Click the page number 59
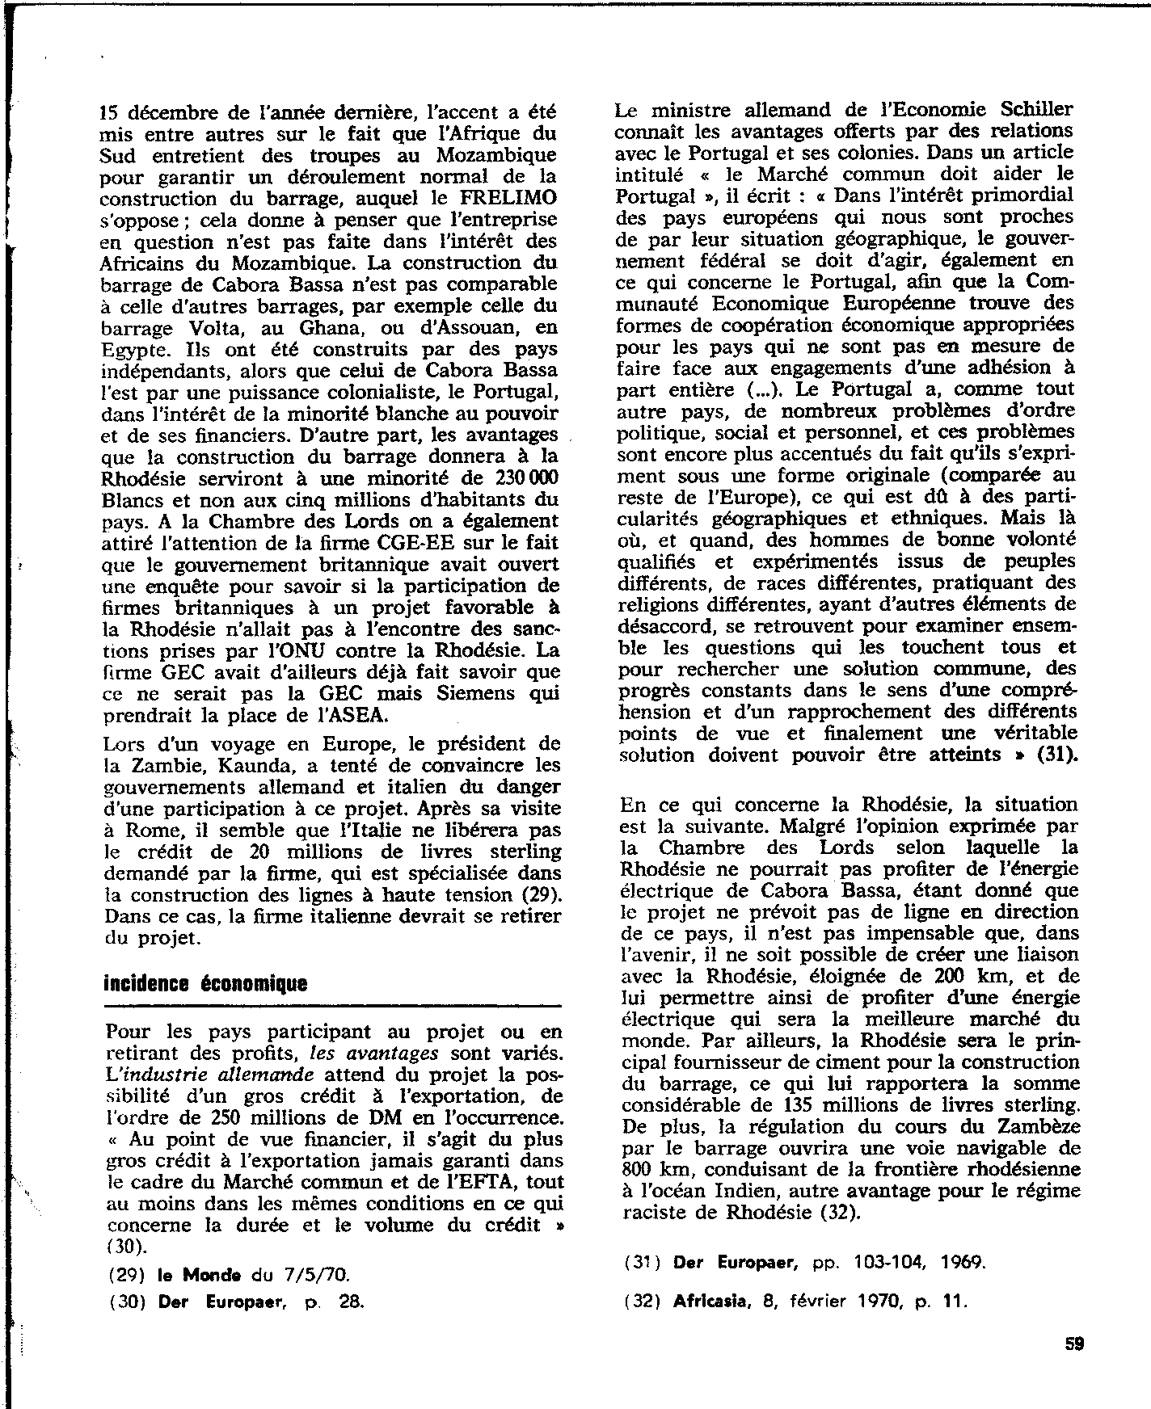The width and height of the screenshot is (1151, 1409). click(1073, 1344)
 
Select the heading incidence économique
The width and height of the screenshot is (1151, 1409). click(206, 983)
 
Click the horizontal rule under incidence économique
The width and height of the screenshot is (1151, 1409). click(332, 1006)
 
